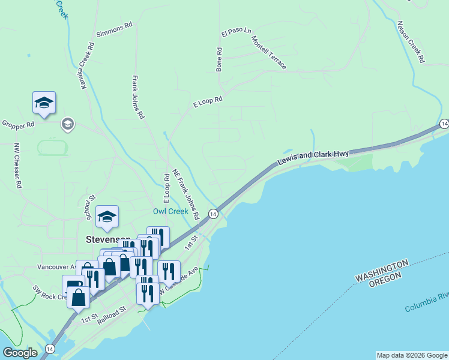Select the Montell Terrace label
(x=269, y=52)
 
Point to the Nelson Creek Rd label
(x=411, y=43)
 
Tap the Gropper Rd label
(x=18, y=125)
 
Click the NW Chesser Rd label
(x=18, y=166)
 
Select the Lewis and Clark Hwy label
(x=313, y=157)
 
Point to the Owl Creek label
(x=170, y=211)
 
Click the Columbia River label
(x=427, y=303)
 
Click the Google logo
(x=20, y=353)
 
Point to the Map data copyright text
(x=412, y=355)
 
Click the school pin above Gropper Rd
(x=44, y=103)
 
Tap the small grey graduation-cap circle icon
(x=67, y=124)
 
